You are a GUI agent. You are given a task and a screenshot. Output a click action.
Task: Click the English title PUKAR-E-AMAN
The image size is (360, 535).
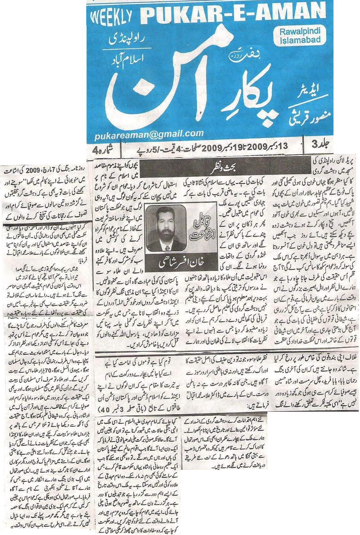[x=230, y=13]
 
